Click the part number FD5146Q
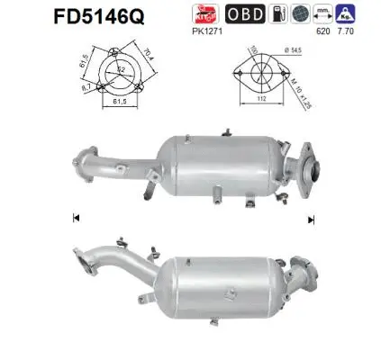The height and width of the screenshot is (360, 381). (59, 16)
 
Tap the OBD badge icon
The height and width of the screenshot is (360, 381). (269, 14)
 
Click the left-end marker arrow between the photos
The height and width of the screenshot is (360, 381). (74, 219)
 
